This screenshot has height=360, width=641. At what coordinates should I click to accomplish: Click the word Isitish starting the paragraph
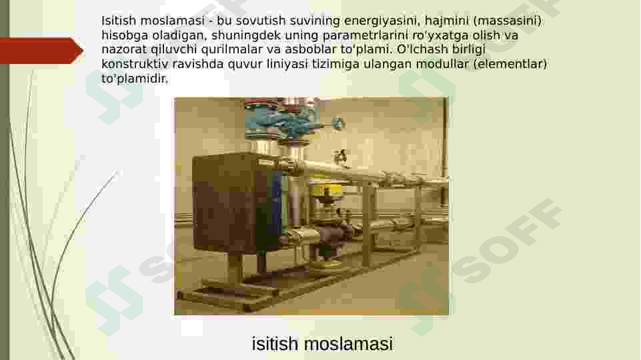tap(118, 21)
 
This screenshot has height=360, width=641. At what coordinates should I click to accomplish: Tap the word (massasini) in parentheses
tap(507, 21)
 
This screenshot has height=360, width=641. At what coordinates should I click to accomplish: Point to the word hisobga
tap(122, 35)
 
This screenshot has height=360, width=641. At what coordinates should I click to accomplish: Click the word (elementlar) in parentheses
tap(510, 64)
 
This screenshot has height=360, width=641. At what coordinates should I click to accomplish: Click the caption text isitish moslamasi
tap(322, 344)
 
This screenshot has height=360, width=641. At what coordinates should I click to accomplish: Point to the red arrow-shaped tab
tap(40, 51)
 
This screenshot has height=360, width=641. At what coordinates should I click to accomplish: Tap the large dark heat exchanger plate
tap(230, 203)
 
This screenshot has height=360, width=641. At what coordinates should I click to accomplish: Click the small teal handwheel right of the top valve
tap(338, 124)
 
